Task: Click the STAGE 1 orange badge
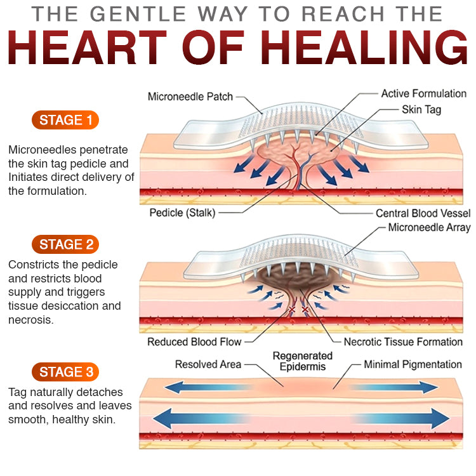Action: [x=65, y=120]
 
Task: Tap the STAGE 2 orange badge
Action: [x=65, y=244]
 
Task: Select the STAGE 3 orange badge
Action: [x=65, y=372]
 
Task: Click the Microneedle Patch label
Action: [x=190, y=96]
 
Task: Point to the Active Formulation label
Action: [x=424, y=93]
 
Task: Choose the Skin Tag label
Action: [x=421, y=110]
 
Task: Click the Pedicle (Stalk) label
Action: [x=182, y=213]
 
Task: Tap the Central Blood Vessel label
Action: [x=423, y=213]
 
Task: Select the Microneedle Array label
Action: [x=429, y=227]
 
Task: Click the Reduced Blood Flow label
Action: [x=194, y=342]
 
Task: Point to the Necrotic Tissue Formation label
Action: [x=403, y=342]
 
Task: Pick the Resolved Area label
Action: [x=208, y=364]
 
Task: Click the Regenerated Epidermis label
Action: [x=303, y=361]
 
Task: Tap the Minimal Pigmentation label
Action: [x=413, y=364]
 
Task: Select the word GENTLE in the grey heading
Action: [x=138, y=14]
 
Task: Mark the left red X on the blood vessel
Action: [x=292, y=309]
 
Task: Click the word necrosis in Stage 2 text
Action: [x=30, y=320]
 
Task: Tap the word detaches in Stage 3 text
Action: [x=100, y=392]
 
